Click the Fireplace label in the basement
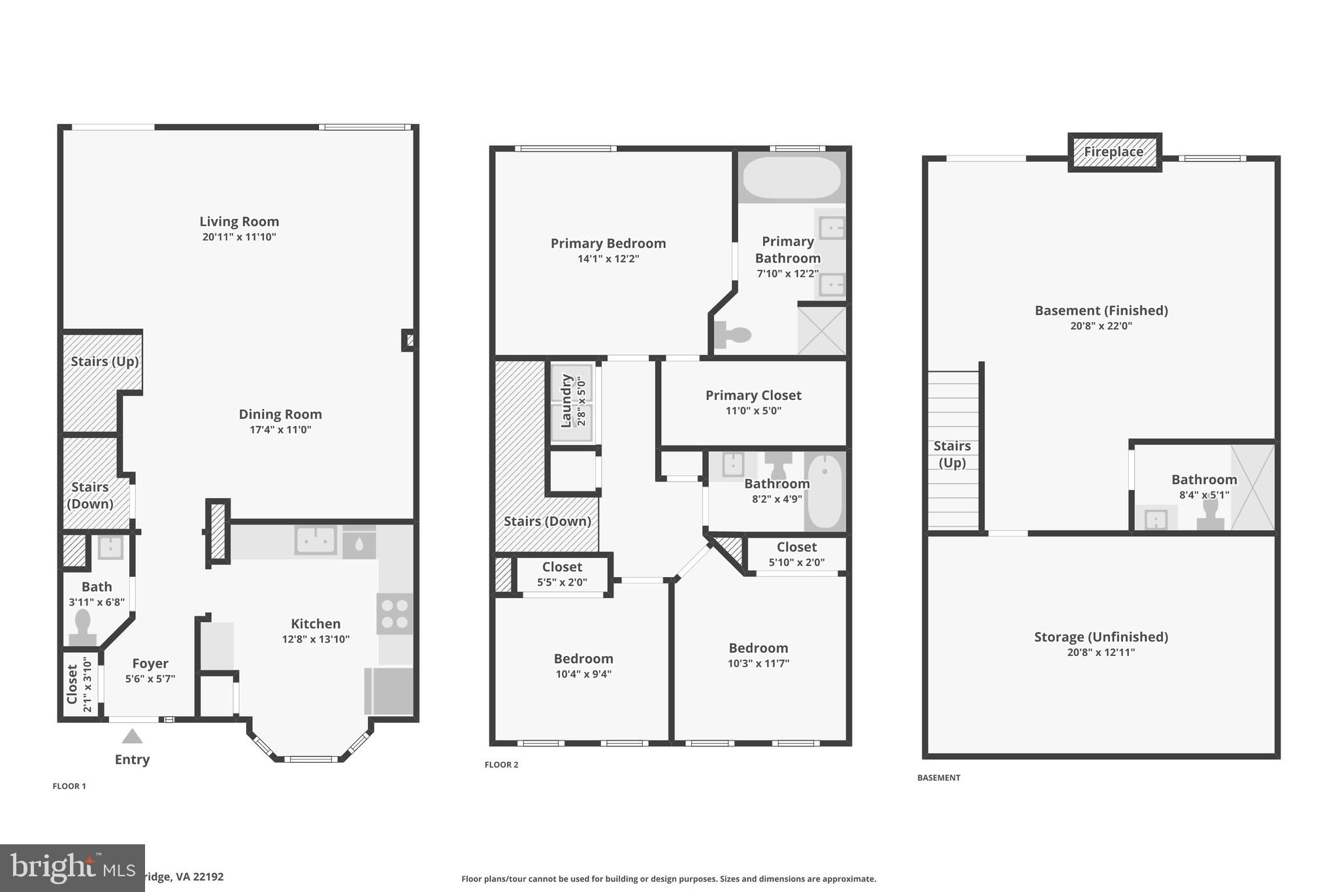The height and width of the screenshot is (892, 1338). tap(1114, 152)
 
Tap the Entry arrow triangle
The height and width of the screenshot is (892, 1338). tap(132, 736)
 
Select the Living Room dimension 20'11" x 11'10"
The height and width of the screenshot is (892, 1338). tap(239, 237)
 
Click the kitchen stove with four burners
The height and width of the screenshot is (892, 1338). tap(395, 614)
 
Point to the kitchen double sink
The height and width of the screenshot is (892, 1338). tap(316, 540)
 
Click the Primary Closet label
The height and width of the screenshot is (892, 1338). tap(753, 395)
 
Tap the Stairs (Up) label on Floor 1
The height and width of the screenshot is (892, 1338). tap(105, 361)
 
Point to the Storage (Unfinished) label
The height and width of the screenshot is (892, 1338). tap(1101, 636)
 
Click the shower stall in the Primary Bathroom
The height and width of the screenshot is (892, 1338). tap(822, 330)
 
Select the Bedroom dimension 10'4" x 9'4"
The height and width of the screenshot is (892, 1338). tap(583, 674)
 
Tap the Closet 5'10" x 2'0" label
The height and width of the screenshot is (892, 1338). tap(796, 547)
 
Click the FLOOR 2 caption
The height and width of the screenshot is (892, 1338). tap(501, 765)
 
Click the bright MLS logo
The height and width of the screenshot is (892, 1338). tap(72, 868)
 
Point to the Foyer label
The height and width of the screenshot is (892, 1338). tap(150, 663)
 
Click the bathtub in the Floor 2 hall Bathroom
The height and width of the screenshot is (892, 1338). tap(824, 491)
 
